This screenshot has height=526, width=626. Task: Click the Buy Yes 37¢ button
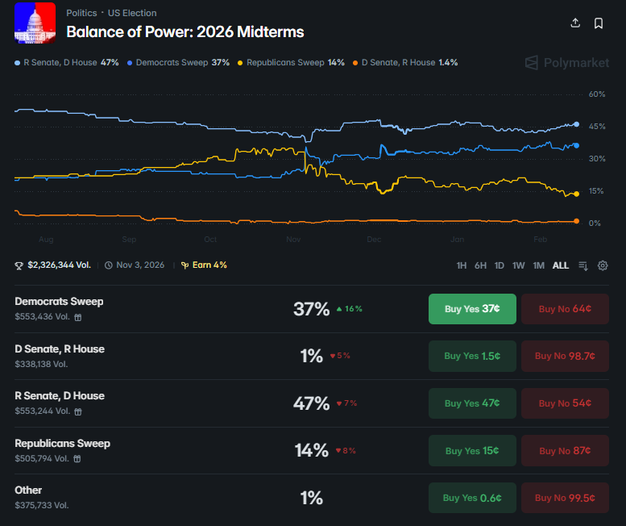tap(472, 308)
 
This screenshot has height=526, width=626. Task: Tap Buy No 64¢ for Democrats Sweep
tap(565, 308)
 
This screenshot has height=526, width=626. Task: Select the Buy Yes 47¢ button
tap(472, 403)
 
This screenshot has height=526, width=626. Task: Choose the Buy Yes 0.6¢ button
tap(472, 498)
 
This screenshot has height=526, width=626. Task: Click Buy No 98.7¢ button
tap(565, 356)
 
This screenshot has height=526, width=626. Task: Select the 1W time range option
tap(519, 265)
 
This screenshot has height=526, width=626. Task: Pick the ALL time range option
tap(560, 265)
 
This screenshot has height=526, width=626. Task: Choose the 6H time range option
tap(480, 265)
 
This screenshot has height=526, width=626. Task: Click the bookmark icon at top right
tap(599, 23)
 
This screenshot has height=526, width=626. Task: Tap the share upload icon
tap(575, 23)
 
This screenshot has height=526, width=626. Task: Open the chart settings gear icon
tap(603, 265)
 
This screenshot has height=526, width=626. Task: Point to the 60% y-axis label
tap(596, 94)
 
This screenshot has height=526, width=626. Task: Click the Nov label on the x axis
tap(293, 240)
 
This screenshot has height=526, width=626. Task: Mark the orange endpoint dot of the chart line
tap(576, 221)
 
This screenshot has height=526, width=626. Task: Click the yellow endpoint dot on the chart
tap(576, 194)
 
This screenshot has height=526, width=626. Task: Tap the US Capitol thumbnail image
tap(35, 23)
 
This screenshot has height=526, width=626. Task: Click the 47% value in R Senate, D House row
tap(311, 403)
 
